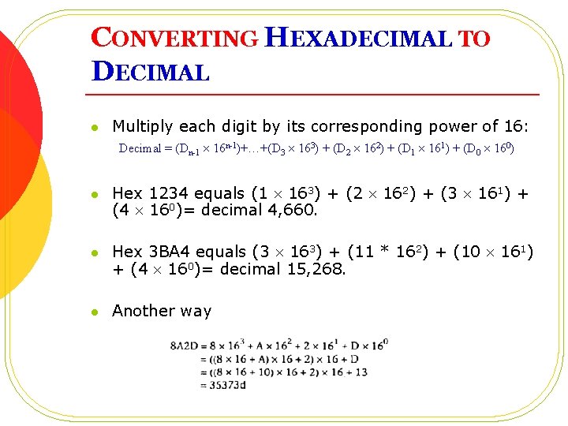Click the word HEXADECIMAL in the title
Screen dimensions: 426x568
tap(359, 38)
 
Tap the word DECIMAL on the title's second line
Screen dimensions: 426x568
tap(151, 72)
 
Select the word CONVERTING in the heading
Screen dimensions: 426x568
tap(174, 38)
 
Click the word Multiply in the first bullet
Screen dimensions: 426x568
tap(143, 126)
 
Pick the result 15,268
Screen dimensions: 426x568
tap(316, 268)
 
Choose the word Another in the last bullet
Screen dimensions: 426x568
tap(143, 311)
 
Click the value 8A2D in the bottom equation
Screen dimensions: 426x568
tap(184, 346)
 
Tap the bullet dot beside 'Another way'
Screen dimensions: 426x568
tap(93, 312)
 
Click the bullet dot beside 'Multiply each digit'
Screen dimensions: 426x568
tap(93, 127)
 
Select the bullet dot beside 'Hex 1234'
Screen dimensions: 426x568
tap(93, 195)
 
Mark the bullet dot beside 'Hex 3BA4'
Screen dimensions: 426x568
tap(93, 253)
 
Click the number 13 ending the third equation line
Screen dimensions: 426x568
tap(362, 372)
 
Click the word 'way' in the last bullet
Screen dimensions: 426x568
tap(196, 311)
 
